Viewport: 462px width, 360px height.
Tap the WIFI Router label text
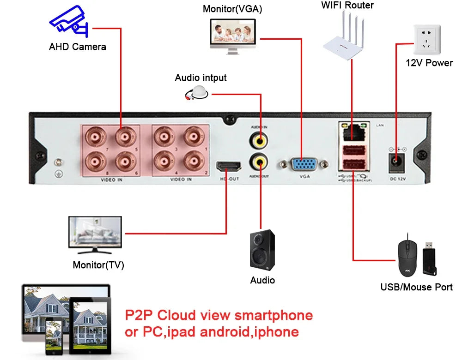[x=347, y=6]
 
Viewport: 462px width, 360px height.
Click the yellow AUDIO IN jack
[x=258, y=139]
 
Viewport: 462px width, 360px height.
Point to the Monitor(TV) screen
[x=95, y=232]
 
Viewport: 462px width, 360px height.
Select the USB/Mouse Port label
[x=416, y=287]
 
